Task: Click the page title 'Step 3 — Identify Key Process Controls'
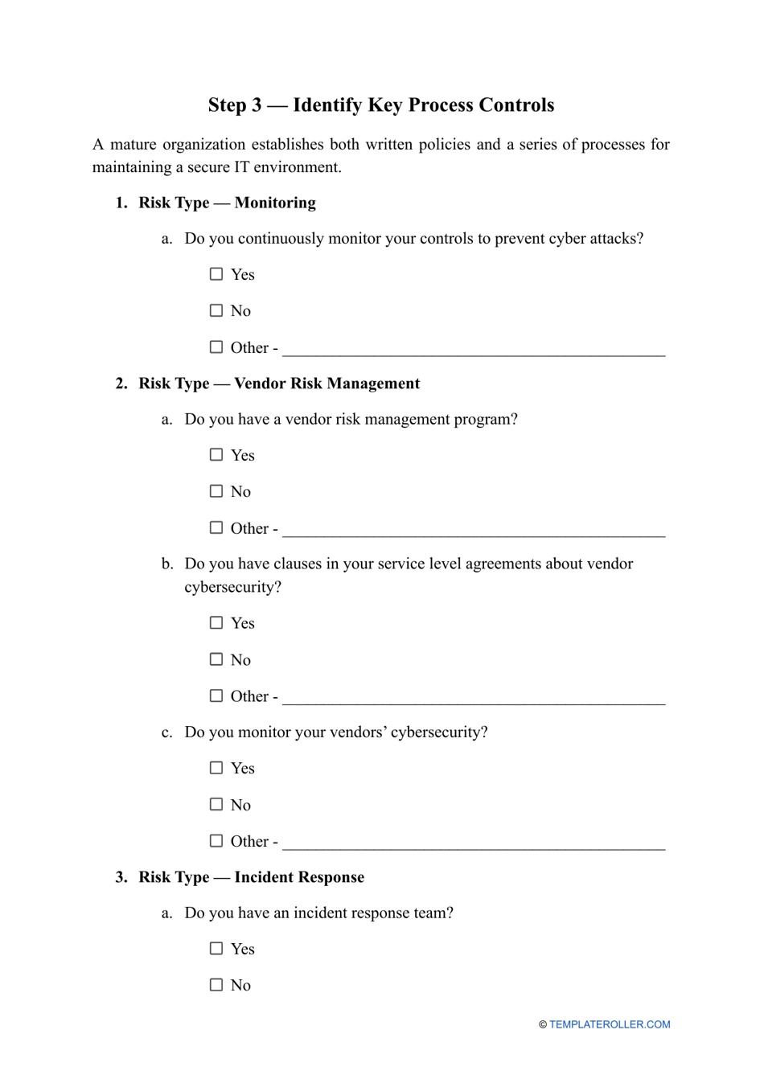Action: point(381,105)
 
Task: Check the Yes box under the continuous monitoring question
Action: point(216,274)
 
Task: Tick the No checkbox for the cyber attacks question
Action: point(216,310)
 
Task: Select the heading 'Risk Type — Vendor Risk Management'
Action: point(278,384)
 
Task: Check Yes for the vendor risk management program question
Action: point(216,455)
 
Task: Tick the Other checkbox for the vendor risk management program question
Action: point(216,528)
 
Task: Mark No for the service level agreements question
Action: point(216,659)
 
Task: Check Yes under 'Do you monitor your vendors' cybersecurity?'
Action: point(216,768)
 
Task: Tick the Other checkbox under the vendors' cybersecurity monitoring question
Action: point(216,841)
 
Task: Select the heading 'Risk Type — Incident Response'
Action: point(251,877)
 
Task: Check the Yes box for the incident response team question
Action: point(216,949)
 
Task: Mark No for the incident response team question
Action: point(216,985)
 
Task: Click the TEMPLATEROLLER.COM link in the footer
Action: point(610,1024)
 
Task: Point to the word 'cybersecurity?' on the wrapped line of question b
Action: point(232,587)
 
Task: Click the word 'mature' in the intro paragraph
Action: point(133,145)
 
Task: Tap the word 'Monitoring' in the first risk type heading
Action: point(275,203)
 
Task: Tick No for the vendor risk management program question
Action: point(216,491)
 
